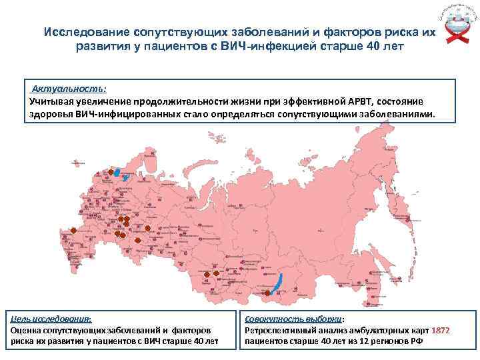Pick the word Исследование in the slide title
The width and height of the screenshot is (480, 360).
click(87, 33)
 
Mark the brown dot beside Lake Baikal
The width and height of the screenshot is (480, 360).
click(267, 293)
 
